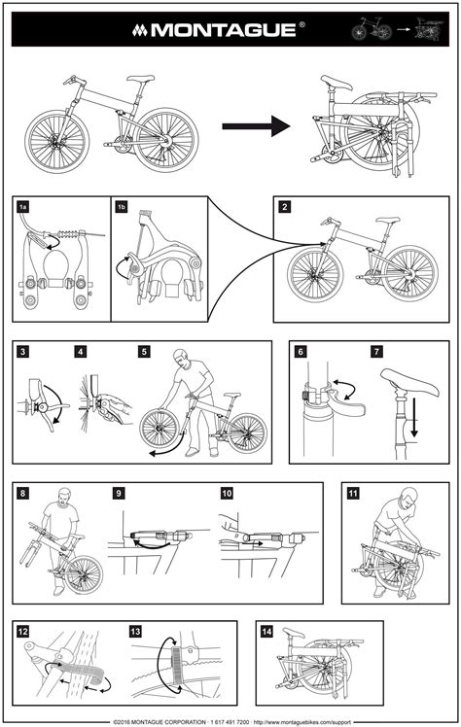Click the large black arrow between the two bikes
pos(257,125)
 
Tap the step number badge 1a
pos(23,207)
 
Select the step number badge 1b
pos(122,207)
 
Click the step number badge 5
pos(144,352)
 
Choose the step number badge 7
pos(376,352)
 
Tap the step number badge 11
pos(353,493)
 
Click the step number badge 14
pos(266,631)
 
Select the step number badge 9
pos(119,493)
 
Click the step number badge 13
pos(135,631)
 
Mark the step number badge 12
pos(23,631)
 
